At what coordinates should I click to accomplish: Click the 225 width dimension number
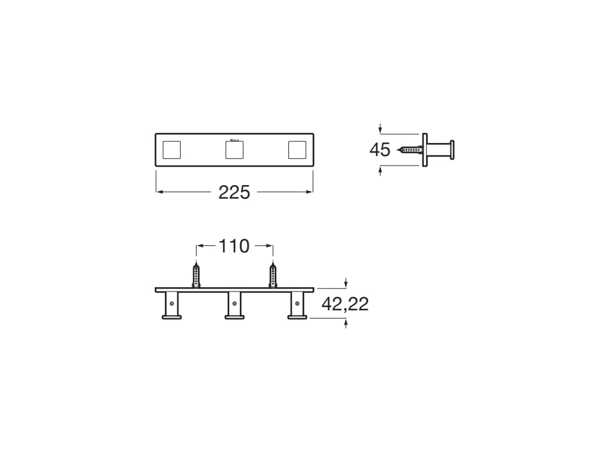(x=235, y=192)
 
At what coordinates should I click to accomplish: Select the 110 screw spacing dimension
(x=235, y=246)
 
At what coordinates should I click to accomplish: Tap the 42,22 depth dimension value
(x=345, y=304)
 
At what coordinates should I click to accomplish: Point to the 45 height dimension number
(x=380, y=150)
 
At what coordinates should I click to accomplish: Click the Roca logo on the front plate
(x=235, y=140)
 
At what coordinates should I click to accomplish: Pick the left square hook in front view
(x=171, y=150)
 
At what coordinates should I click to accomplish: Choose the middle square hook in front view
(x=235, y=151)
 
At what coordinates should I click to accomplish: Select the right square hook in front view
(x=297, y=150)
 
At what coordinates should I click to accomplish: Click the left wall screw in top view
(x=196, y=275)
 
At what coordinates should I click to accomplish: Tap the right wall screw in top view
(x=272, y=275)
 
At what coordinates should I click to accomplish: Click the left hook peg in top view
(x=171, y=304)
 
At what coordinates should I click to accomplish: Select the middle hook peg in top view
(x=235, y=304)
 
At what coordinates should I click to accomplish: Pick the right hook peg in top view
(x=297, y=304)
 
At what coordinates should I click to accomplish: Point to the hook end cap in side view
(x=452, y=150)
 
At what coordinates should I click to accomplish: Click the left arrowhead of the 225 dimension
(x=160, y=192)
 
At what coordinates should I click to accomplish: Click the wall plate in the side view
(x=425, y=150)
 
